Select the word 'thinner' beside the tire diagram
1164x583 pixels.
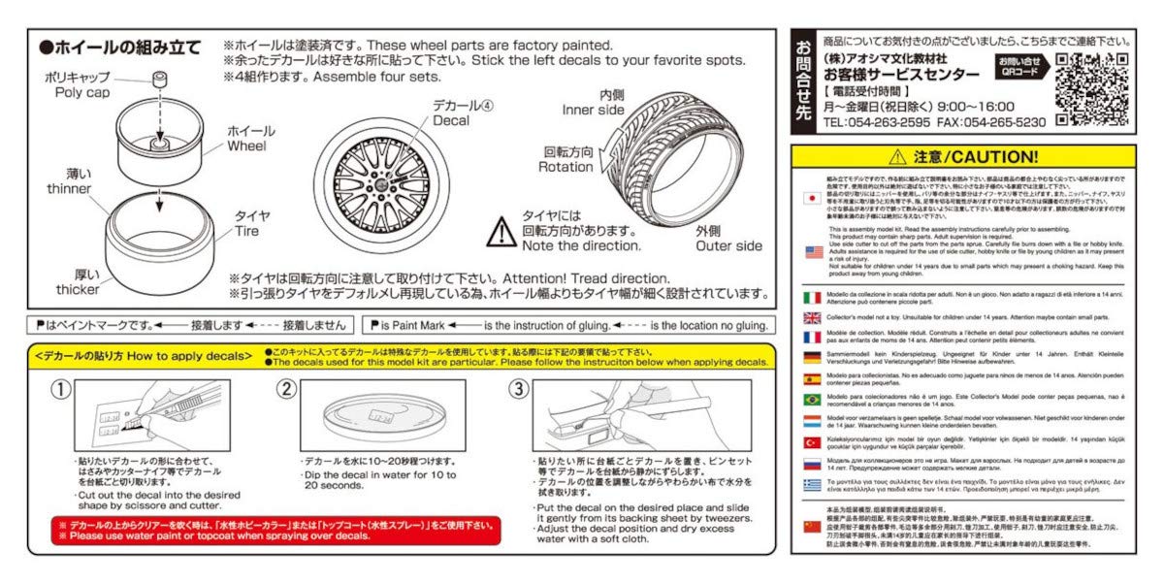[x=68, y=189]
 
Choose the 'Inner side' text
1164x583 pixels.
[x=593, y=110]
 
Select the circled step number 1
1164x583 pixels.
[x=60, y=389]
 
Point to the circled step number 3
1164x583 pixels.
[x=520, y=389]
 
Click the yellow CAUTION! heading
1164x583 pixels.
[x=962, y=156]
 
